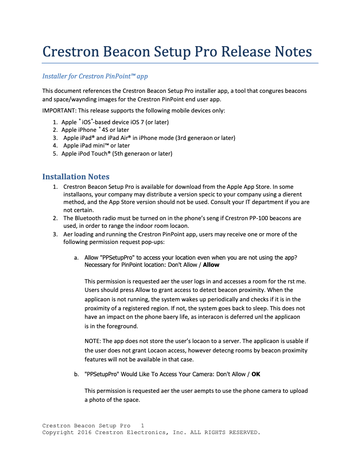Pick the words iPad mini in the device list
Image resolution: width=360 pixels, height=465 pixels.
(89, 145)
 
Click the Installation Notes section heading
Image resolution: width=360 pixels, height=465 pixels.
(75, 177)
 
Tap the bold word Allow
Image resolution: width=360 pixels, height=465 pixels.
(211, 265)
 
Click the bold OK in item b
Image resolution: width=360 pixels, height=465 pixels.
(256, 374)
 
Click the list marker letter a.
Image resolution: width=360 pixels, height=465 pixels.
(76, 258)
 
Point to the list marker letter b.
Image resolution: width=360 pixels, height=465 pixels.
(76, 374)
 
